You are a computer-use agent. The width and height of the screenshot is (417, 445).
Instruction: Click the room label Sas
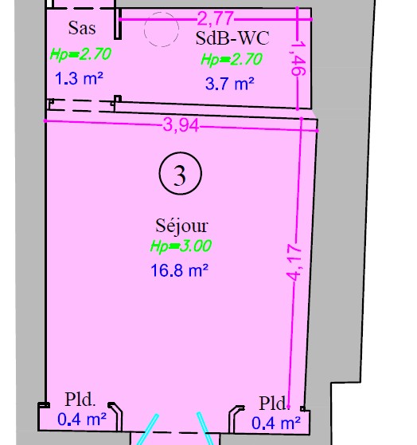click(x=82, y=28)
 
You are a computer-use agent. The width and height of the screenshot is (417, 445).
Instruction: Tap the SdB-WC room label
click(x=232, y=38)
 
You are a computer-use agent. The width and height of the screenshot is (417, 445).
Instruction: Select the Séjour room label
click(x=181, y=226)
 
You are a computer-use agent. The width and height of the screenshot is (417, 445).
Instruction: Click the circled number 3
click(x=181, y=173)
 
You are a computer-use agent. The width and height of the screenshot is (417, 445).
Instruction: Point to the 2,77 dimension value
click(x=216, y=18)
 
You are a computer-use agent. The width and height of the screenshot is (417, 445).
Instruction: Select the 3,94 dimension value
click(x=181, y=125)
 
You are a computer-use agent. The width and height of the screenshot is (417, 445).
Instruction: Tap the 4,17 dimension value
click(x=294, y=262)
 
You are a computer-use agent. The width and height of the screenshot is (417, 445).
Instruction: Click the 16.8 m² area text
click(x=180, y=270)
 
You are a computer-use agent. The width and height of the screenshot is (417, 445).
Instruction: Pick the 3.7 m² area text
click(x=230, y=84)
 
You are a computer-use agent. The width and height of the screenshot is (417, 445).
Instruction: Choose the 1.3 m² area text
click(x=79, y=78)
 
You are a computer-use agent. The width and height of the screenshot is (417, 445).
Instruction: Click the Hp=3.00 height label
click(x=181, y=246)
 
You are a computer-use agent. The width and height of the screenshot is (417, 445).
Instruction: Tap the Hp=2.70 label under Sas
click(x=80, y=54)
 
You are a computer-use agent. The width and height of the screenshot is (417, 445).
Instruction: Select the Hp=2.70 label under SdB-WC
click(x=232, y=60)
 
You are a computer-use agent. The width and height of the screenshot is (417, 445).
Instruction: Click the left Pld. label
click(x=80, y=400)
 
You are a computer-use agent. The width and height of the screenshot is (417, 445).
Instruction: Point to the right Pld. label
click(x=275, y=404)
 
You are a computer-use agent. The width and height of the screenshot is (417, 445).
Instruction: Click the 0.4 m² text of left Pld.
click(x=82, y=419)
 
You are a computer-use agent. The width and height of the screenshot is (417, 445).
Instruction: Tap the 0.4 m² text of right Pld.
click(x=276, y=423)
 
